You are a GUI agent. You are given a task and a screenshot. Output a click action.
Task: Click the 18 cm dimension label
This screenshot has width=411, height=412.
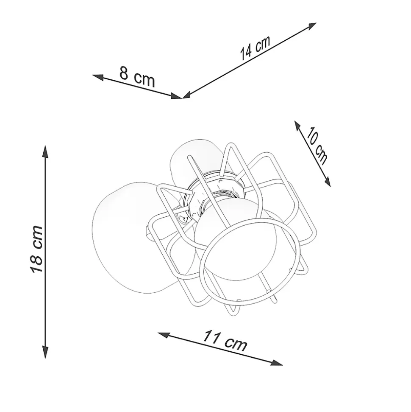pos(36,249)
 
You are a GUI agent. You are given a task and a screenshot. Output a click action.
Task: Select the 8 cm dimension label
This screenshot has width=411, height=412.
pos(137,76)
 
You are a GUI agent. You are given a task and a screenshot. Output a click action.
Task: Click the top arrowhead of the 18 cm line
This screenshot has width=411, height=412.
pos(45,151)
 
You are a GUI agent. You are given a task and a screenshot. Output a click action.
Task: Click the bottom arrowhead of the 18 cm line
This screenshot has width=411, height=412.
pos(45,352)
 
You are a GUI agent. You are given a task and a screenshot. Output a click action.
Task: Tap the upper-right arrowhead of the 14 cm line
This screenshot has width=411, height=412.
pos(311,26)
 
